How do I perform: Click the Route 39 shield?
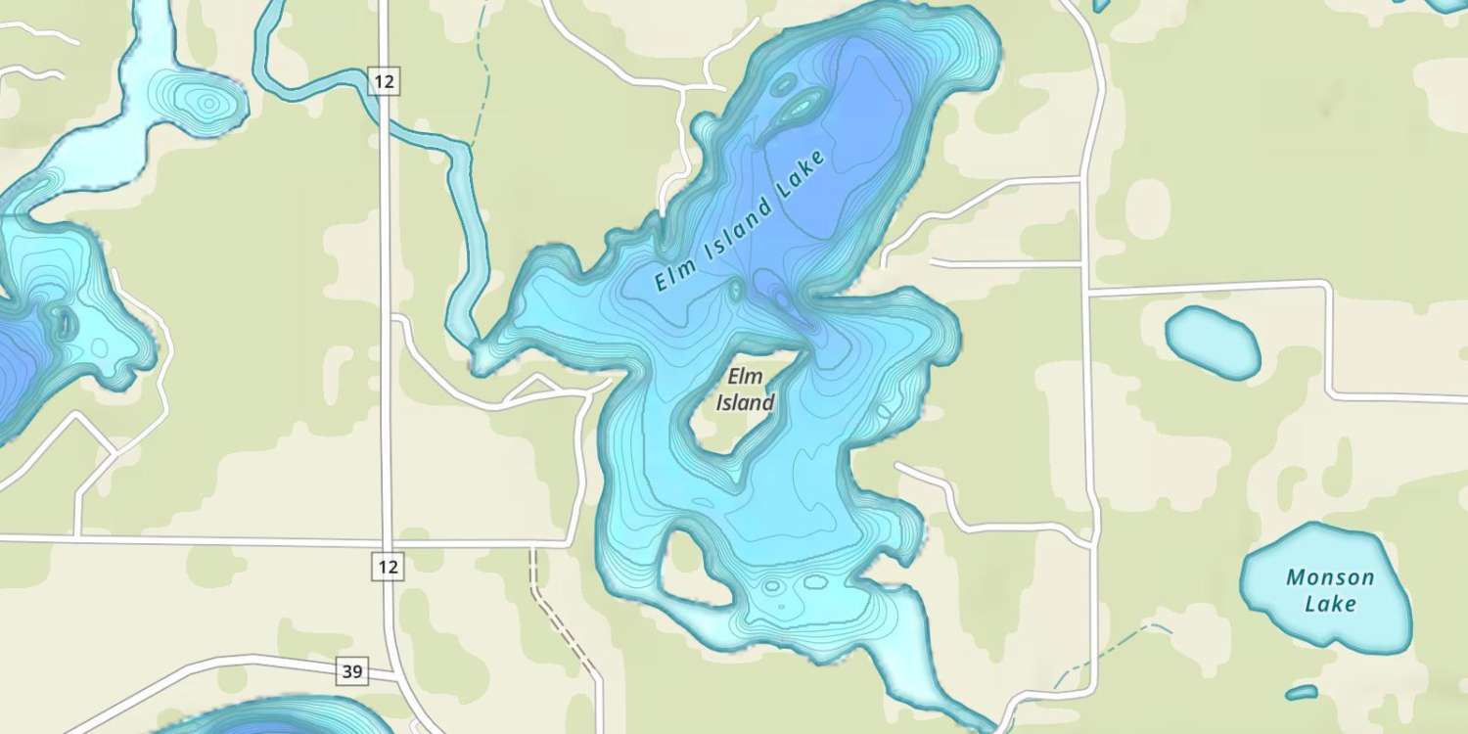(x=353, y=671)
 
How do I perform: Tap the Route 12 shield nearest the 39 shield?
(x=388, y=565)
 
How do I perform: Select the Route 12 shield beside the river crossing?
(x=385, y=82)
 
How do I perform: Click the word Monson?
(x=1330, y=577)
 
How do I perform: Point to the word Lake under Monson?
(x=1331, y=603)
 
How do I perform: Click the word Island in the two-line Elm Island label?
(x=745, y=402)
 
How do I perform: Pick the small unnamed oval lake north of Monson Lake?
(x=1213, y=342)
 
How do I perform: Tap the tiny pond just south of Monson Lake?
(x=1302, y=693)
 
